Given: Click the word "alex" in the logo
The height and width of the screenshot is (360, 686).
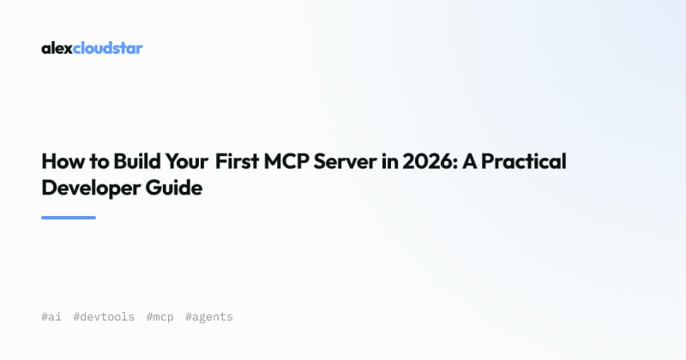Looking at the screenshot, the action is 57,48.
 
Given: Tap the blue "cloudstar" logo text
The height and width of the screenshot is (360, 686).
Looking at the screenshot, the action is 108,48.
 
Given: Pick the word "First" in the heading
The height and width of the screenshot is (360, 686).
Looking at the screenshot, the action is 238,161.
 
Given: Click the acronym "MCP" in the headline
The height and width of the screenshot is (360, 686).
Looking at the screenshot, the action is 286,161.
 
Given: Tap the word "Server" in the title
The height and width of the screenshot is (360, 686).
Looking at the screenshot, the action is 346,161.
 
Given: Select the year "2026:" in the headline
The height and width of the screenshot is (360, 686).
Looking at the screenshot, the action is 430,161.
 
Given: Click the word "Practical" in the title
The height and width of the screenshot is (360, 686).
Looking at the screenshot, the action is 524,161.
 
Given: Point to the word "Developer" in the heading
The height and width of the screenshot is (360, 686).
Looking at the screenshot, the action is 91,188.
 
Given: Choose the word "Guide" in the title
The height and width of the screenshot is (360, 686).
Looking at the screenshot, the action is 174,187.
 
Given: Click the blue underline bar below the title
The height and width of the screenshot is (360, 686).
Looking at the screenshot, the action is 69,218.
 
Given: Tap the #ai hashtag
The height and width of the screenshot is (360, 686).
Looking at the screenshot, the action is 51,316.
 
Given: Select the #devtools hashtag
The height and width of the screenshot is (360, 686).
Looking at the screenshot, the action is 104,316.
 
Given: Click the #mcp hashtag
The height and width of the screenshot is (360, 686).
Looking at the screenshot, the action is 160,317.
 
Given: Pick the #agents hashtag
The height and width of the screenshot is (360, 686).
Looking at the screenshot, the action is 209,317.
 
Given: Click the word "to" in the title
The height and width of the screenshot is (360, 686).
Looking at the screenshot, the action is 99,161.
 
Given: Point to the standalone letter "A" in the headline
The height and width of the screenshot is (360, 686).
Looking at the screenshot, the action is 469,161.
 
